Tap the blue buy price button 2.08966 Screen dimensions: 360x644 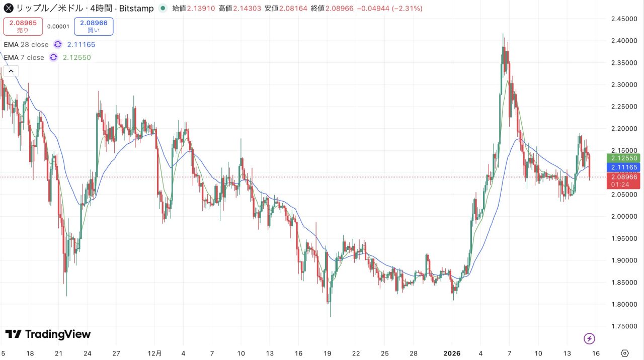point(94,26)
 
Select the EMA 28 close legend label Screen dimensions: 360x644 point(26,44)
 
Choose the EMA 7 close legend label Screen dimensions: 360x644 point(24,57)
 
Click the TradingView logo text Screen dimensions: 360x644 point(48,334)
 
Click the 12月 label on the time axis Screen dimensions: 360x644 point(155,353)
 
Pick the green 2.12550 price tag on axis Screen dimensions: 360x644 point(625,158)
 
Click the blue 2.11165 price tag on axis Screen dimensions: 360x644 point(625,167)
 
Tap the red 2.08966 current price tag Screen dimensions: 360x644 point(625,177)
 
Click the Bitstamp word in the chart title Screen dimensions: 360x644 point(136,9)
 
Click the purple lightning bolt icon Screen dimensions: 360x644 point(589,338)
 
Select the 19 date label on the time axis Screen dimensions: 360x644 point(328,353)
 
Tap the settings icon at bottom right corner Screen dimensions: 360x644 point(625,353)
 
